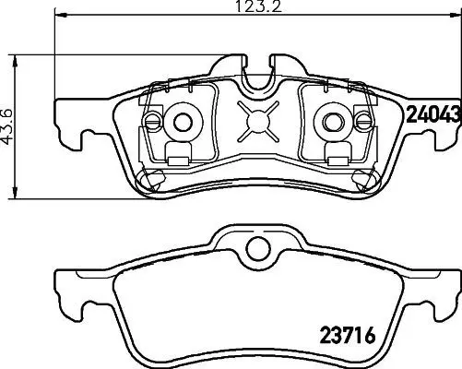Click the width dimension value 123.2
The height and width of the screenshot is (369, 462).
pyautogui.click(x=258, y=6)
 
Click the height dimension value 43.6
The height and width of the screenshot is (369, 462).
pyautogui.click(x=7, y=126)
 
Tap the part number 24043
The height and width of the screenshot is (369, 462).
pyautogui.click(x=434, y=113)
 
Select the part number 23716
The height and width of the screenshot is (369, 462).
pyautogui.click(x=348, y=335)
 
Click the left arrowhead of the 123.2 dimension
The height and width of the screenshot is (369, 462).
pyautogui.click(x=61, y=14)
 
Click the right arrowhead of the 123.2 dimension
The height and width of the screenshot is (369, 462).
pyautogui.click(x=456, y=14)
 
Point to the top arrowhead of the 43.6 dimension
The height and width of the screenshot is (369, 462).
pyautogui.click(x=15, y=61)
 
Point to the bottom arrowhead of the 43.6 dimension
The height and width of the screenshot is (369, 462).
pyautogui.click(x=15, y=193)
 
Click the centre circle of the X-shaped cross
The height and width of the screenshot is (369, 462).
pyautogui.click(x=258, y=122)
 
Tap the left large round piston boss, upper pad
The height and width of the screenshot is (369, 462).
pyautogui.click(x=184, y=123)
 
